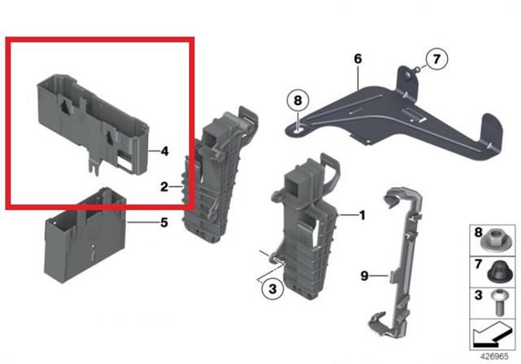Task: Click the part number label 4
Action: (164, 151)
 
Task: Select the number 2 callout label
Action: (164, 187)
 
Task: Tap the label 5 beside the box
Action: (164, 223)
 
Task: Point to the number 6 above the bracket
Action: (357, 59)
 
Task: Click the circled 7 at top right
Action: (436, 59)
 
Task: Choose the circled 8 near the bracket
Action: (298, 100)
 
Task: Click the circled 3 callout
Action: (273, 288)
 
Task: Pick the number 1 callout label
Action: (362, 216)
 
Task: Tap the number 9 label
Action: (365, 275)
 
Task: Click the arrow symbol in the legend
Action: (492, 335)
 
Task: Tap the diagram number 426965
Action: (494, 357)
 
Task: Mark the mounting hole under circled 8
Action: (298, 127)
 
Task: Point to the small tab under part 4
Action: (94, 165)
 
